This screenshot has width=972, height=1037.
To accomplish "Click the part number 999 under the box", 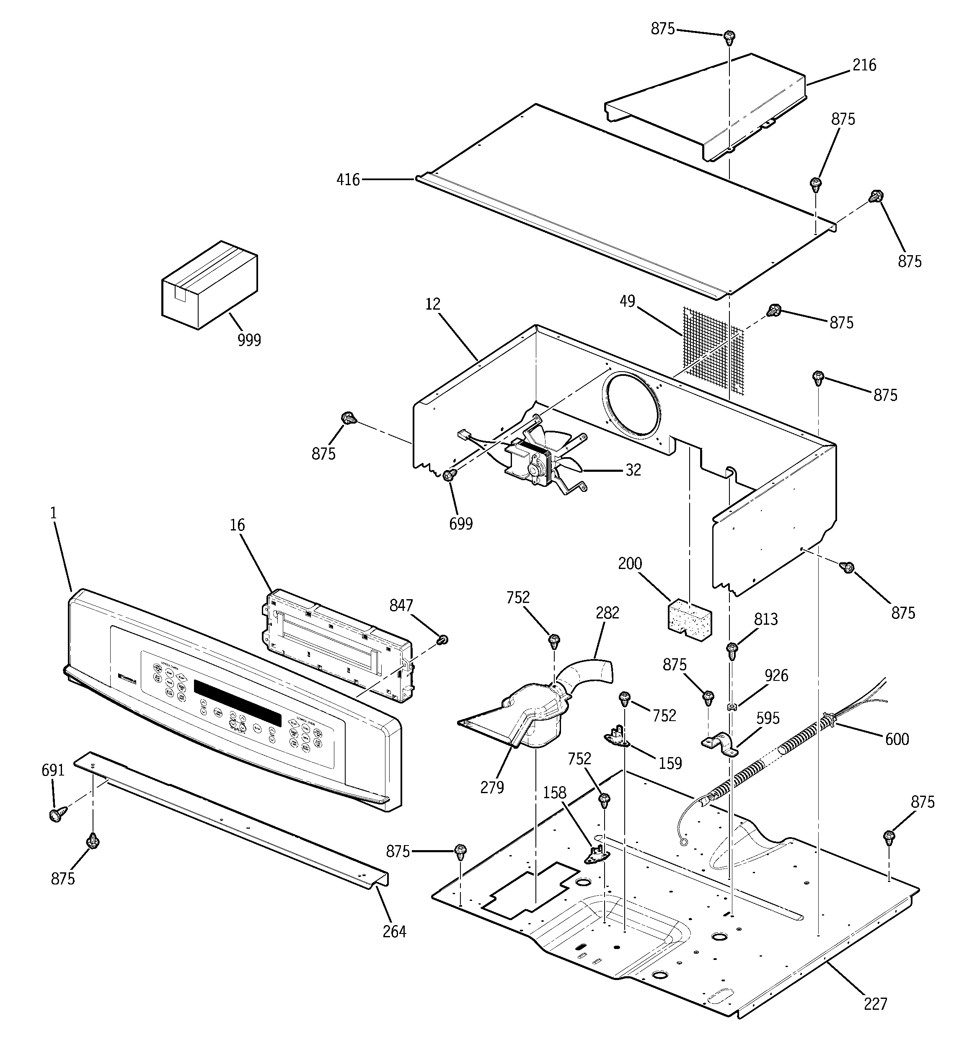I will [249, 340].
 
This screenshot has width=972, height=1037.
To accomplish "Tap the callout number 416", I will [348, 180].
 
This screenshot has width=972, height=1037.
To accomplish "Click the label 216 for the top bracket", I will [864, 65].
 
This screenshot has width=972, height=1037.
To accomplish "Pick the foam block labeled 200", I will [690, 620].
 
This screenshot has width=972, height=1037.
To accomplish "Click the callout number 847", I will [401, 605].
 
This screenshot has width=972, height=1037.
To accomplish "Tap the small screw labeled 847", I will [443, 639].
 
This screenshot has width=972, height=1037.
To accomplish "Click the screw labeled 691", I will [56, 815].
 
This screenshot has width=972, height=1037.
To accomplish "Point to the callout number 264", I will [394, 931].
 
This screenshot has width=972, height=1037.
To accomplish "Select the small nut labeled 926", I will [732, 707].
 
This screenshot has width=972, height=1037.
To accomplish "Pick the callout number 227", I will [875, 1003].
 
